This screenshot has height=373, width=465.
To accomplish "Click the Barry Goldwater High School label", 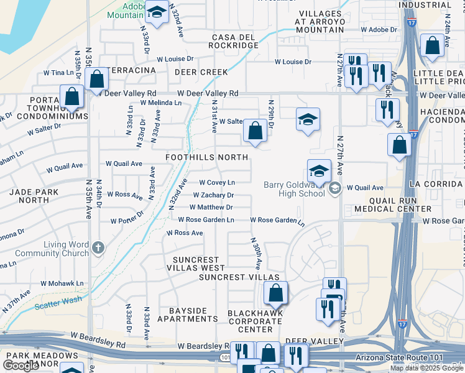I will pyautogui.click(x=294, y=188).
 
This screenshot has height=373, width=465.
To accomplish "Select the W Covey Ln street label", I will pyautogui.click(x=216, y=182).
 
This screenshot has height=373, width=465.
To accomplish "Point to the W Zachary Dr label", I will pyautogui.click(x=213, y=195).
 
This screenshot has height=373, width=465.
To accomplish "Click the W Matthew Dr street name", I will pyautogui.click(x=211, y=207).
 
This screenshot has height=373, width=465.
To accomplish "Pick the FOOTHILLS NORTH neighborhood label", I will pyautogui.click(x=206, y=158).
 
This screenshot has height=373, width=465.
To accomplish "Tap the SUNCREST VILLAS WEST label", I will pyautogui.click(x=196, y=264).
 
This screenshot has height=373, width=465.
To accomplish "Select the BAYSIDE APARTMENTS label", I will pyautogui.click(x=187, y=315).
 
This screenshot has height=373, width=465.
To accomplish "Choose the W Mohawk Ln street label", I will pyautogui.click(x=63, y=283).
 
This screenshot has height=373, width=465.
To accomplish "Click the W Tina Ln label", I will pyautogui.click(x=58, y=73).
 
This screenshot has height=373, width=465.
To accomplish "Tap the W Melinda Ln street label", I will pyautogui.click(x=160, y=103).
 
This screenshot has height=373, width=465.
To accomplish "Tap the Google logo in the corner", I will pyautogui.click(x=21, y=365).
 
